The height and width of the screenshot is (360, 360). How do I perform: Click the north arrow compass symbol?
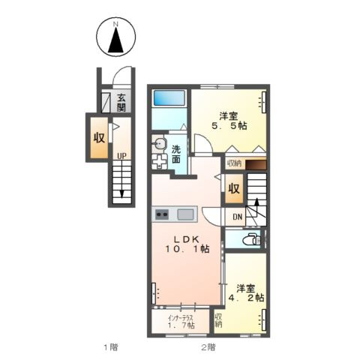point(116,37)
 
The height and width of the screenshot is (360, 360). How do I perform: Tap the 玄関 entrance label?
point(121,103)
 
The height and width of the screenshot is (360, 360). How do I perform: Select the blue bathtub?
point(169,97)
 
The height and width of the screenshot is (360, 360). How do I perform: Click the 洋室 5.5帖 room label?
point(229,121)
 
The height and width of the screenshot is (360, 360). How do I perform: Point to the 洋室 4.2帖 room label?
point(246,292)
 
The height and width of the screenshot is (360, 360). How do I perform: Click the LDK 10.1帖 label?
point(187,244)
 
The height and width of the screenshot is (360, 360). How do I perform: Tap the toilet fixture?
point(251,239)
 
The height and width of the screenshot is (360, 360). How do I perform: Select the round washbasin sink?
point(159,144)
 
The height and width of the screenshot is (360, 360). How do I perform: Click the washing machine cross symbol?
point(159,161)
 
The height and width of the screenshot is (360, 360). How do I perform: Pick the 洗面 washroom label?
point(176,154)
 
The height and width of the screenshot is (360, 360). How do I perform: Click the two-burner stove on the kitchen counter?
point(162,214)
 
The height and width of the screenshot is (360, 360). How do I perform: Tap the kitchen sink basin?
point(185,214)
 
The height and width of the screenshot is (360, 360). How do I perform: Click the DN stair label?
point(237,217)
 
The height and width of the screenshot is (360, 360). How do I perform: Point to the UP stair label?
point(122,156)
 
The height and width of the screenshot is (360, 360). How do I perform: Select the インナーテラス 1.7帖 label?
point(181,322)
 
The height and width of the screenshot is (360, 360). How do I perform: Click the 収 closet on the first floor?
point(99,137)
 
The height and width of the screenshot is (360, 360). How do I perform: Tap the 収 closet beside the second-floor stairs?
point(234,189)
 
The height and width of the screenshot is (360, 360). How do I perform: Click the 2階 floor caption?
point(208,347)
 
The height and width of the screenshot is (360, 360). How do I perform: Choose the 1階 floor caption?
point(111,347)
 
